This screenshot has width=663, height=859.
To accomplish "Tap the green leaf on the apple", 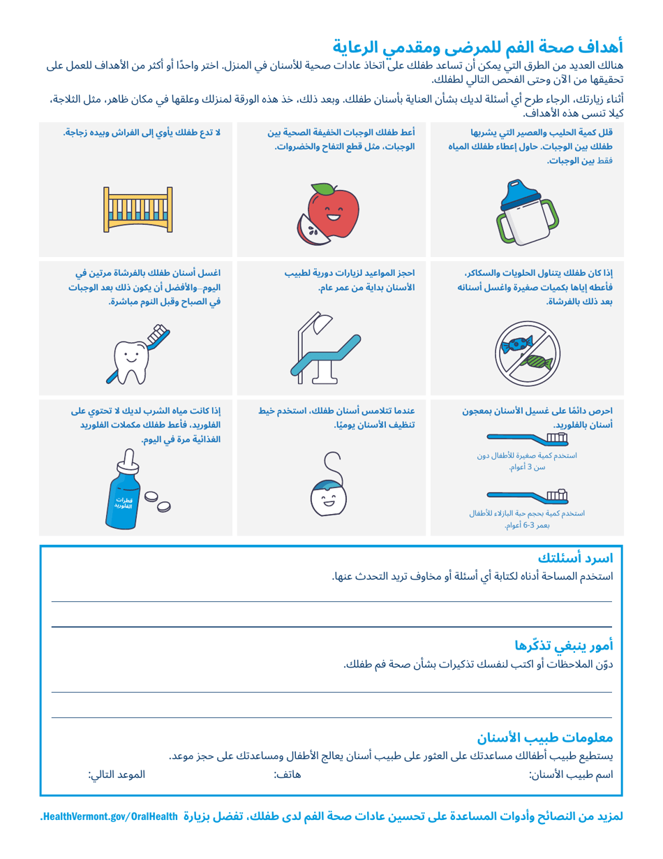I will [x=322, y=189].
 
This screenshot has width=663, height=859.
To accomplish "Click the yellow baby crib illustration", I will [x=137, y=209].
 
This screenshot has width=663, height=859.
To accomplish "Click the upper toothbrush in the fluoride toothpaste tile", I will [x=527, y=439].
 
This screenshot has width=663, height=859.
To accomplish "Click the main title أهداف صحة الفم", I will [x=477, y=47].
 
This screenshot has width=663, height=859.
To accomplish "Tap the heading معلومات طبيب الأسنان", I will [x=544, y=737].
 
